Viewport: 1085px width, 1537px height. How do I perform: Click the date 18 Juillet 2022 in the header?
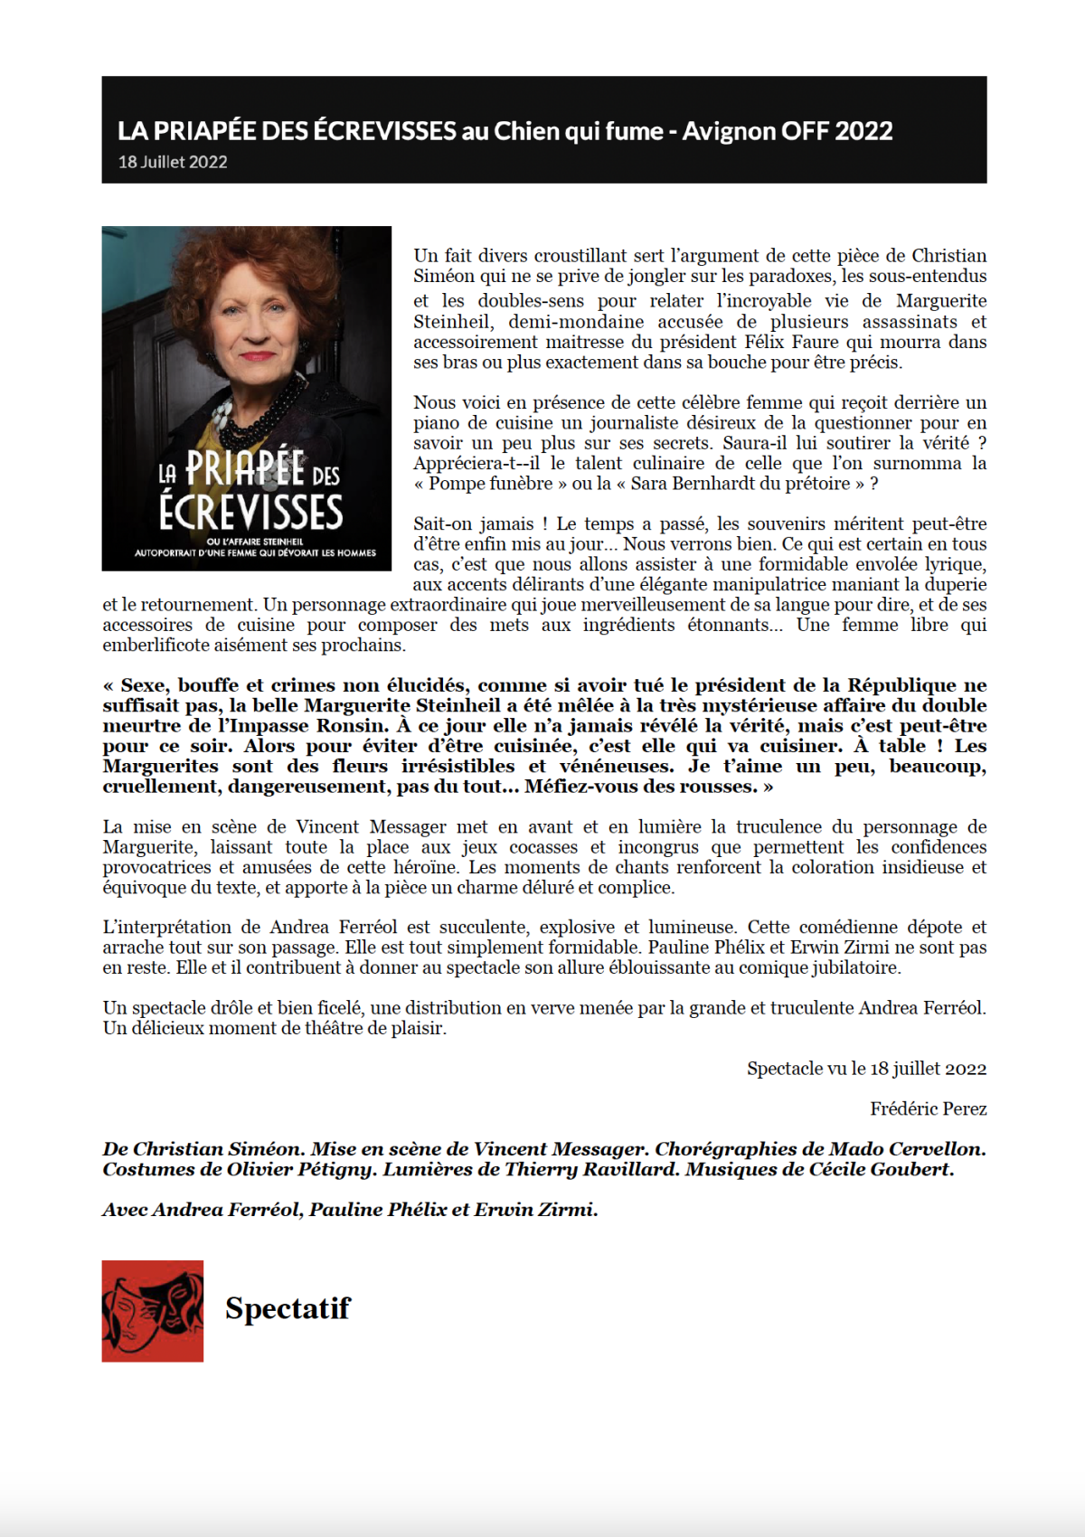173,162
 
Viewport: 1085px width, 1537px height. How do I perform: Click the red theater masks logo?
152,1311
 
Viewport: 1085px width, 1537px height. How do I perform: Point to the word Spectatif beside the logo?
288,1308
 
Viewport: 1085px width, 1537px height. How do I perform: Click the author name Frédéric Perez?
928,1108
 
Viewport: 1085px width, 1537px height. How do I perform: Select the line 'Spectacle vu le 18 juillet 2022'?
866,1069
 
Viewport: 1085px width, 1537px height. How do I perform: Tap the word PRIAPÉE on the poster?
245,468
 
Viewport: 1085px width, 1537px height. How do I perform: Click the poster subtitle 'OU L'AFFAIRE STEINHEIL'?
255,542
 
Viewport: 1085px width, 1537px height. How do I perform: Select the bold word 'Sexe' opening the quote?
144,685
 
